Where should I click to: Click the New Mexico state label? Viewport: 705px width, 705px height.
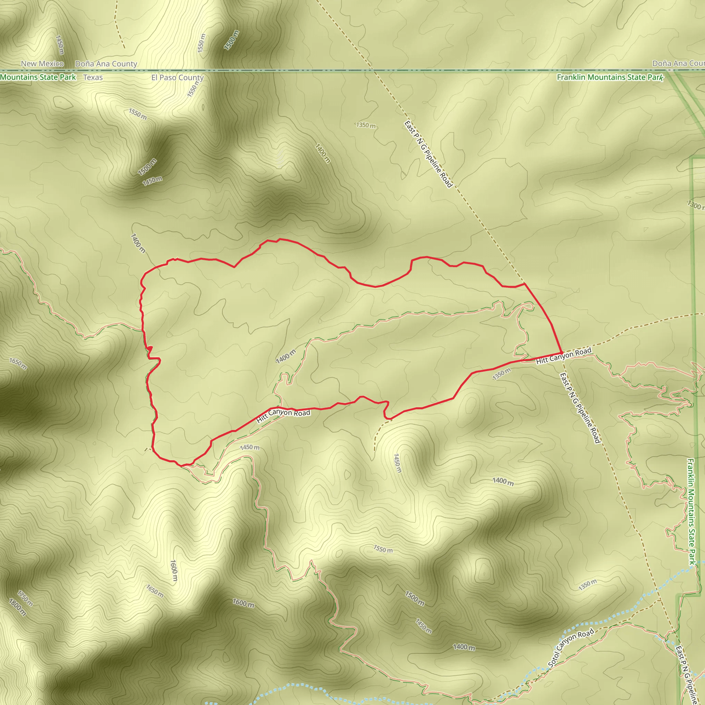tap(42, 63)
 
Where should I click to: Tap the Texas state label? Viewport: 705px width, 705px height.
tap(93, 77)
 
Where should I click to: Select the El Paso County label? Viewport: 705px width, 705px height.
tap(177, 77)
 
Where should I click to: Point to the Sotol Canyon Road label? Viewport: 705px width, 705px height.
tap(571, 648)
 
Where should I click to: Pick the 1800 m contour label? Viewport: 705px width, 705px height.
tap(18, 607)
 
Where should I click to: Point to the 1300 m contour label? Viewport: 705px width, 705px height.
tap(695, 206)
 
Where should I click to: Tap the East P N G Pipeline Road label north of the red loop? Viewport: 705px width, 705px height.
tap(428, 154)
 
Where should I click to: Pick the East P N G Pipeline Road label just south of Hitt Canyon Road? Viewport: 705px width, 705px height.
tap(580, 407)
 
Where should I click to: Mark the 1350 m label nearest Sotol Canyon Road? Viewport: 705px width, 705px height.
tap(588, 585)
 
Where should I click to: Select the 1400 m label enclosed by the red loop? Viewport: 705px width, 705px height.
tap(286, 356)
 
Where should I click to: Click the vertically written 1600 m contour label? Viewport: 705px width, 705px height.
tap(174, 571)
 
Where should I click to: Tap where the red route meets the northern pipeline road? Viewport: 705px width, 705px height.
tap(524, 283)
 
